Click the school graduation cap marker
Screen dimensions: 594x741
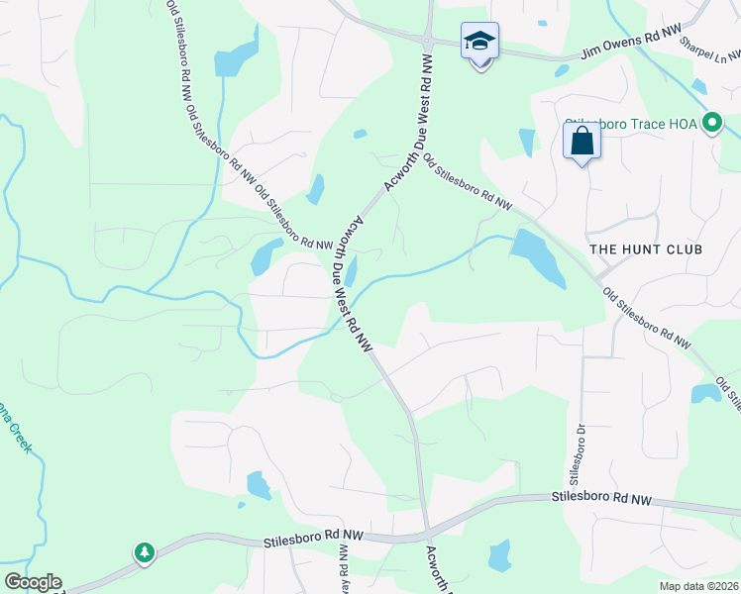coord(479,42)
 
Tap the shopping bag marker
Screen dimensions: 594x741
coord(582,141)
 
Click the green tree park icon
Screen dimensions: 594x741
coord(145,551)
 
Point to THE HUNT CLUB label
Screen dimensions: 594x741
coord(646,249)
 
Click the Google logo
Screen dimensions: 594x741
coord(32,582)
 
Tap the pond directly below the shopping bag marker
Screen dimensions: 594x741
coord(526,142)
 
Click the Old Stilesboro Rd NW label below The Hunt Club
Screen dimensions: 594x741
coord(647,318)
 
